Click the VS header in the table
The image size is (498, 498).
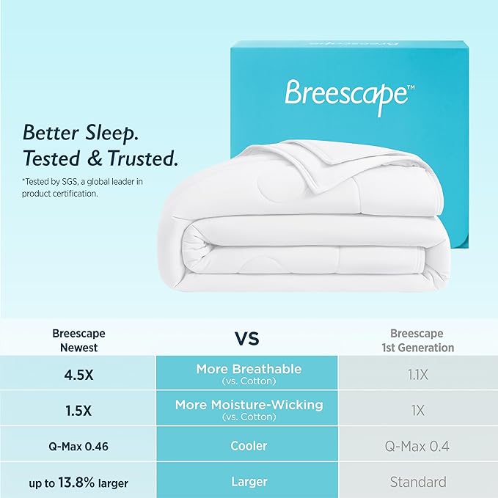coord(246,338)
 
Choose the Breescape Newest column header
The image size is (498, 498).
coord(78,340)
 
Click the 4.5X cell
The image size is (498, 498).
coord(78,373)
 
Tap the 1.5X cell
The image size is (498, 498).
coord(78,409)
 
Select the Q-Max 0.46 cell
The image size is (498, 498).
coord(78,446)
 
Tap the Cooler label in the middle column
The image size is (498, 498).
coord(248,446)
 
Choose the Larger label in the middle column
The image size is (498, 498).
coord(248,482)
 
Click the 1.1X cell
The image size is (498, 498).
coord(417,373)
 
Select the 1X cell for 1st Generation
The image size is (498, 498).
coord(417,409)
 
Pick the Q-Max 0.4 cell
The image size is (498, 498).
coord(417,446)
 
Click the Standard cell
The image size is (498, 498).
coord(417,482)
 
